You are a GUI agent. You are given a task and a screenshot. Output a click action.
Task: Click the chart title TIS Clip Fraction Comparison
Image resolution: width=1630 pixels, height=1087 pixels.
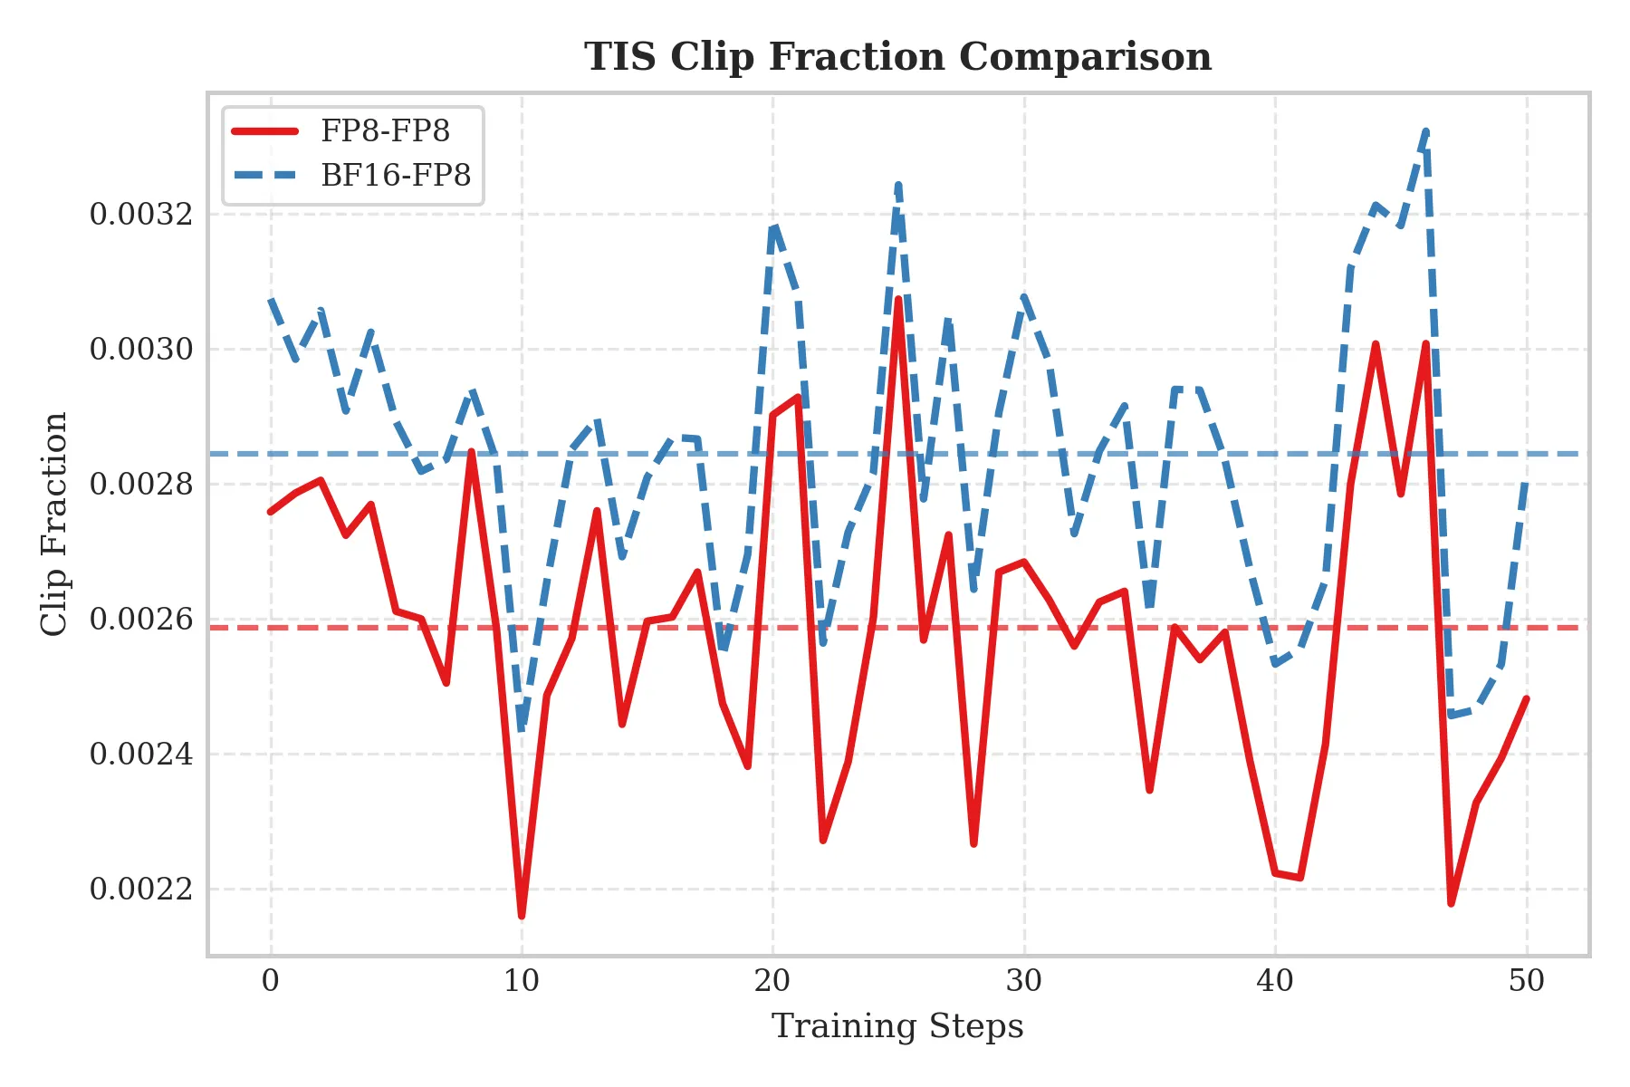(x=897, y=57)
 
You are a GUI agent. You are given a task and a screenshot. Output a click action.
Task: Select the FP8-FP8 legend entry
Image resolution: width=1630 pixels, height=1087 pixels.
(x=385, y=131)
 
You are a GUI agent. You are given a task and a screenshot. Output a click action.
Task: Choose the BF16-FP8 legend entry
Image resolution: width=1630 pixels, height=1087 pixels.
(x=396, y=175)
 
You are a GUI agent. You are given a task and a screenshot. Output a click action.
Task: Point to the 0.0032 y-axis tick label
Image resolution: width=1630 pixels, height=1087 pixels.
(x=141, y=215)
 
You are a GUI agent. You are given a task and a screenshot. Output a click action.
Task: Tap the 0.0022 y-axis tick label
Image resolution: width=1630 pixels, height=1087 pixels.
(x=141, y=889)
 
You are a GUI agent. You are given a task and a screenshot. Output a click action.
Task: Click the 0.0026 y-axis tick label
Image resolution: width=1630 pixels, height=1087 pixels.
(x=141, y=619)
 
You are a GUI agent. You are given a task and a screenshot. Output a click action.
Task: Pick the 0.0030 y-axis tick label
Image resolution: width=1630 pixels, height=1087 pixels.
(x=141, y=349)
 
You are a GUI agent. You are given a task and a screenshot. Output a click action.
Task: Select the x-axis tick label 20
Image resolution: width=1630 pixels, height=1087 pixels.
(x=772, y=981)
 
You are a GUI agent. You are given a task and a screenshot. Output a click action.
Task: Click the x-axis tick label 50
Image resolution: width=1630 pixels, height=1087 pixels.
(x=1527, y=981)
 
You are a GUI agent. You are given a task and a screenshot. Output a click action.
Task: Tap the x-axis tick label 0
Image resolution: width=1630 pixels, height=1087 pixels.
(x=271, y=981)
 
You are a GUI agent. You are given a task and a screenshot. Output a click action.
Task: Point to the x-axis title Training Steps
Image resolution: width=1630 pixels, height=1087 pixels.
(x=897, y=1027)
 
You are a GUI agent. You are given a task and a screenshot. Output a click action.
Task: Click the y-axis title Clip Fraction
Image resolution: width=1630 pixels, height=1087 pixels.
(x=54, y=524)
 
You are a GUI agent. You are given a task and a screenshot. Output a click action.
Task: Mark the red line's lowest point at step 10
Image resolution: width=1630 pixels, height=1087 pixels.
(x=522, y=916)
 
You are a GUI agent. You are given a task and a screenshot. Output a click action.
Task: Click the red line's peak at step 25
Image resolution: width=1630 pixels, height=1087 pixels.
(x=898, y=299)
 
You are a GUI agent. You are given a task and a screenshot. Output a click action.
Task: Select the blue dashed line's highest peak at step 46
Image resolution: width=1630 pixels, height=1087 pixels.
(x=1426, y=130)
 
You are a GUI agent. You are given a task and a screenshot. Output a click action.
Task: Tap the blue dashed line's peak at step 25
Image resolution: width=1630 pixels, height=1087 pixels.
(x=898, y=185)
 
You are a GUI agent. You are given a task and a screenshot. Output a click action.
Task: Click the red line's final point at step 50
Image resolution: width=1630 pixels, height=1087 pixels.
(x=1527, y=698)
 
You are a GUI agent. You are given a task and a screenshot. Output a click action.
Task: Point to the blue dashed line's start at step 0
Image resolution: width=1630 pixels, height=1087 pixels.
(x=271, y=299)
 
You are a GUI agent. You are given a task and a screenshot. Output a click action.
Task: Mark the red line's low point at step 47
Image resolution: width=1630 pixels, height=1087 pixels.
(x=1451, y=903)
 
